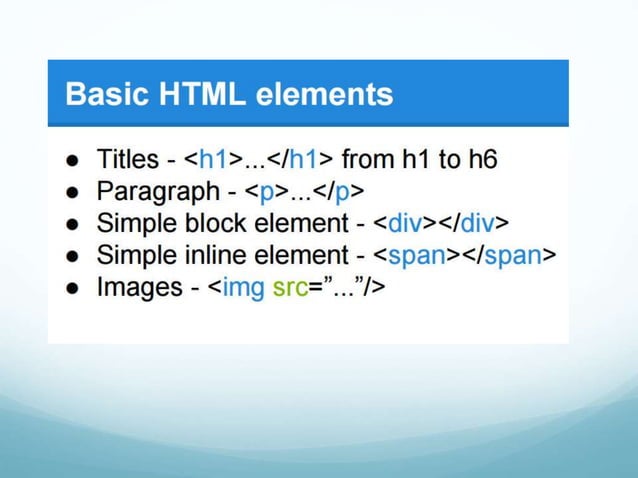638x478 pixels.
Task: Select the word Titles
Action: pyautogui.click(x=127, y=159)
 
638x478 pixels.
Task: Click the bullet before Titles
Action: pyautogui.click(x=73, y=160)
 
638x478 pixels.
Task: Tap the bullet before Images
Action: pyautogui.click(x=73, y=289)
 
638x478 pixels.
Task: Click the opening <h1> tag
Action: pyautogui.click(x=207, y=159)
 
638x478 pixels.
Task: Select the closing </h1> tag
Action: pyautogui.click(x=300, y=159)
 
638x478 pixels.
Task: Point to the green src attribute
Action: pyautogui.click(x=290, y=288)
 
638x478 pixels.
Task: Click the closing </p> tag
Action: pyautogui.click(x=343, y=191)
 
